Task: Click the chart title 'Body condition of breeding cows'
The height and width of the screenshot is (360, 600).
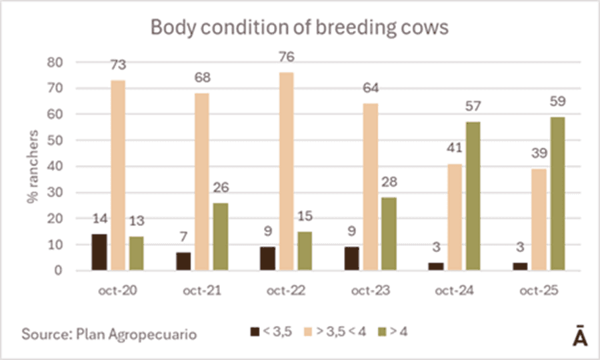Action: [x=299, y=27]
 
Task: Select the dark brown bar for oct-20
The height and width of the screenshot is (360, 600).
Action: [x=99, y=252]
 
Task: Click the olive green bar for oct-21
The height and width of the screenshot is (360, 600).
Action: [x=221, y=237]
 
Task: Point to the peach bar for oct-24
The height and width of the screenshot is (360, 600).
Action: [x=454, y=217]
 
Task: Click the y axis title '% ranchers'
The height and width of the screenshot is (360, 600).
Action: [x=35, y=167]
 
